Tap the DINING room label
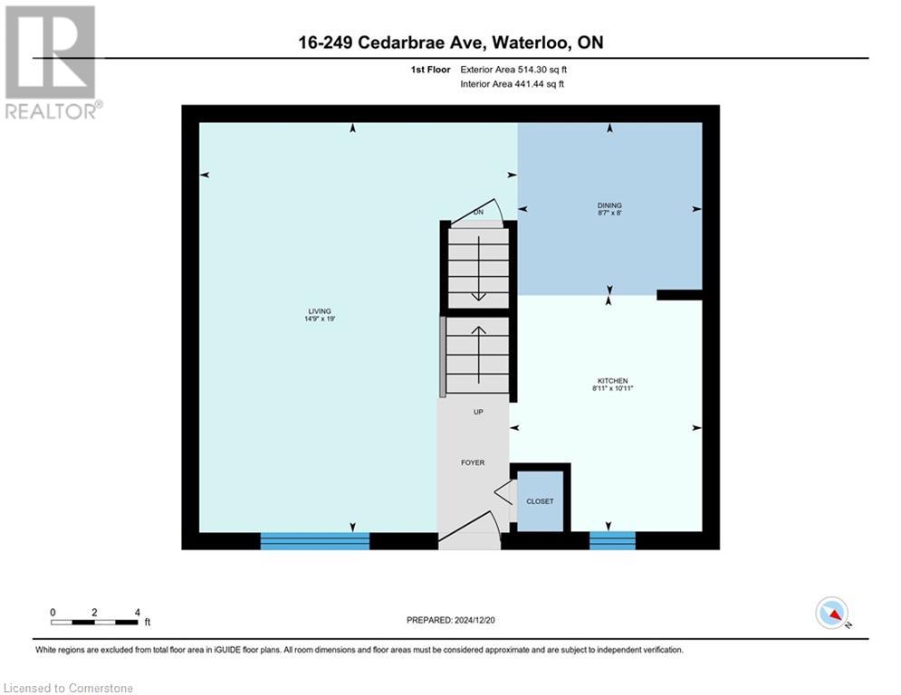pyautogui.click(x=609, y=205)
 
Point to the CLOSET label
pyautogui.click(x=540, y=500)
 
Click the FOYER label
pyautogui.click(x=473, y=462)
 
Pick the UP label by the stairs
pyautogui.click(x=478, y=412)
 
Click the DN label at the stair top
pyautogui.click(x=478, y=212)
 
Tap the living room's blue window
pyautogui.click(x=314, y=541)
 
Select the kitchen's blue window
pyautogui.click(x=612, y=541)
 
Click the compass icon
pyautogui.click(x=831, y=613)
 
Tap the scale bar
pyautogui.click(x=94, y=622)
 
